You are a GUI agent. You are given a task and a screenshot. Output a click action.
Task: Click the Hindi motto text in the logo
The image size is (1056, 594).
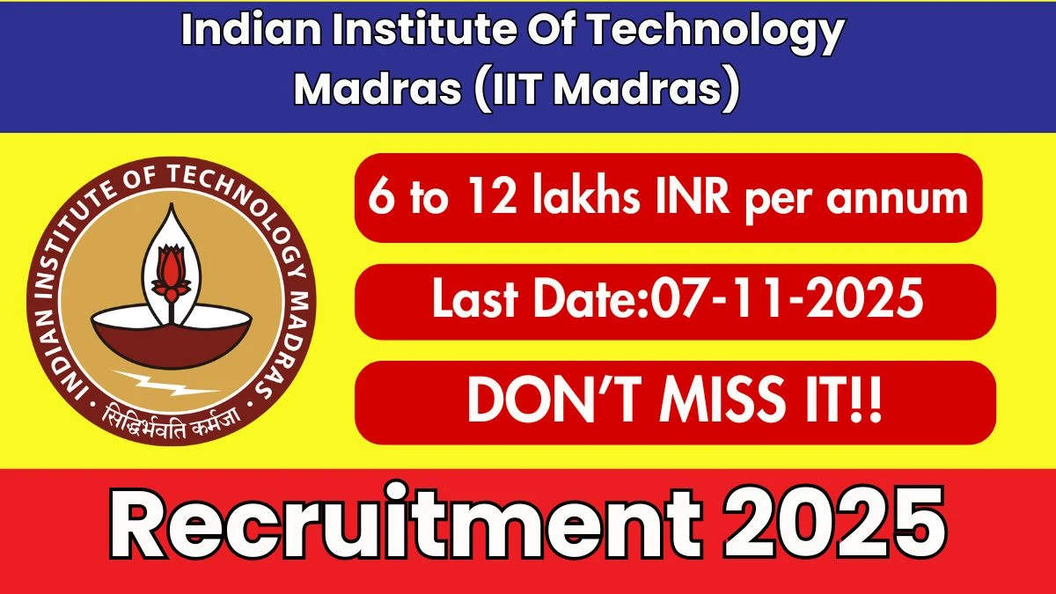(x=172, y=414)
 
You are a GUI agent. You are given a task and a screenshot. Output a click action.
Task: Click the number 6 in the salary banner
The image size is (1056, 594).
(x=380, y=199)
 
